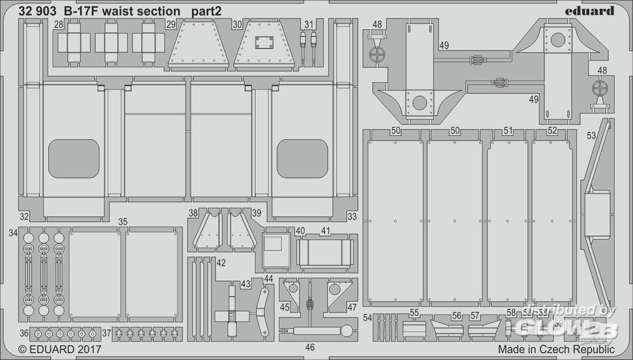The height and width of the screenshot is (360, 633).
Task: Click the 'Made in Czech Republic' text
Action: coord(556,349)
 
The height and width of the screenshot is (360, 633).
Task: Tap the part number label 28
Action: coord(58,25)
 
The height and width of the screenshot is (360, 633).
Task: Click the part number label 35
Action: coord(123,221)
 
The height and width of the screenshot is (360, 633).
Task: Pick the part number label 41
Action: coord(325,232)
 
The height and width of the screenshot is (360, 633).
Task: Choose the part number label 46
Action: coord(309,347)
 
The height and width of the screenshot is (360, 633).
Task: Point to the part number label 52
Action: coord(553,131)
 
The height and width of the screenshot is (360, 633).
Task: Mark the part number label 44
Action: coord(269,279)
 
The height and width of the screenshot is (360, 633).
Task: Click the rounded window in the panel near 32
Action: coord(74,158)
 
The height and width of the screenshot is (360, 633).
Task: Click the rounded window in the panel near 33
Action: coord(302,158)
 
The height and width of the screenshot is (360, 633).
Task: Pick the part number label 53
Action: coord(591,135)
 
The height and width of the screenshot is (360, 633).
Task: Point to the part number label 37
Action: coord(107,333)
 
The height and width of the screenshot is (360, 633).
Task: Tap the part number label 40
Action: coord(300,232)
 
